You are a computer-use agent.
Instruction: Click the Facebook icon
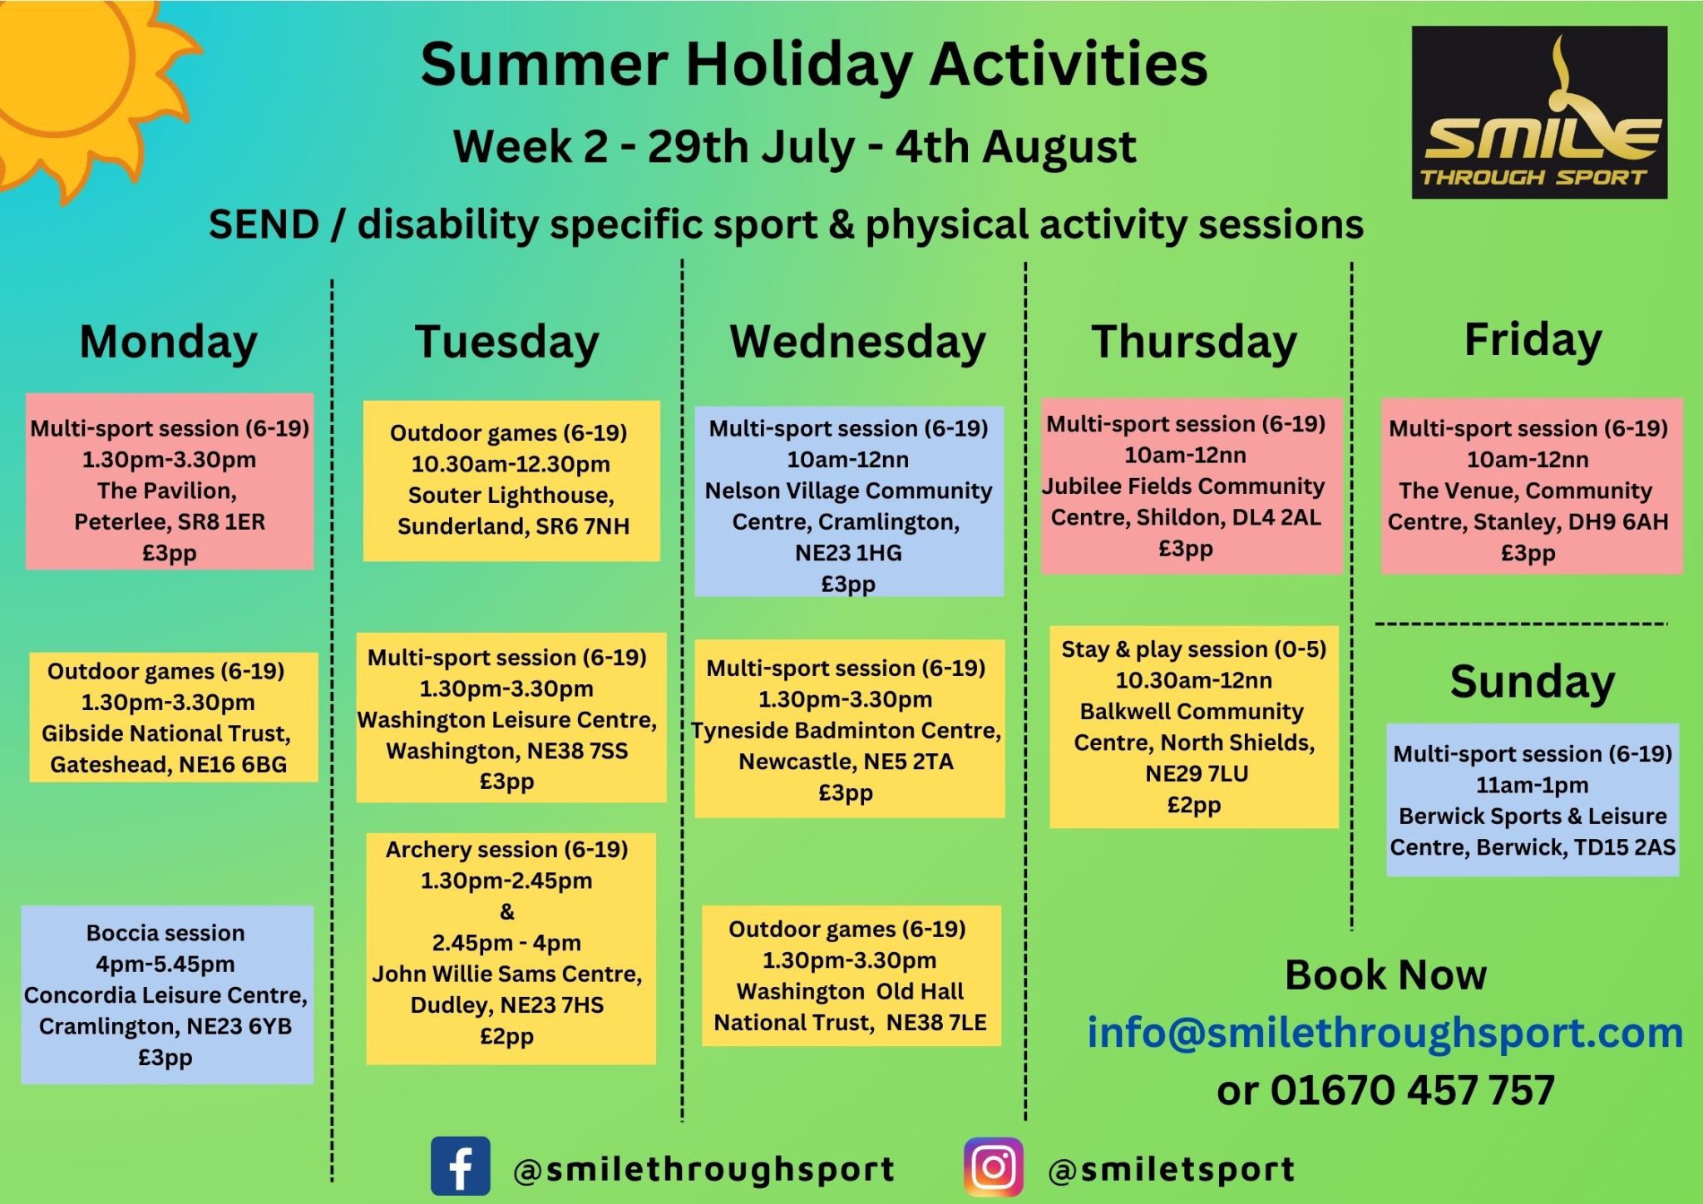pos(461,1166)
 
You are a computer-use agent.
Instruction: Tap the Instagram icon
pos(994,1167)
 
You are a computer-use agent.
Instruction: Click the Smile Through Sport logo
pos(1539,112)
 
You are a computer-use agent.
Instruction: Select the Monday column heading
pos(169,342)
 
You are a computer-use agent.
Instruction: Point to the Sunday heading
pos(1533,683)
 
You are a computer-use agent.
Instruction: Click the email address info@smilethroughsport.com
pos(1385,1032)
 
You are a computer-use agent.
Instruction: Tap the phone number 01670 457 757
pos(1412,1090)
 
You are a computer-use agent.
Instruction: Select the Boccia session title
pos(165,933)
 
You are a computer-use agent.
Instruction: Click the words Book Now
pos(1385,975)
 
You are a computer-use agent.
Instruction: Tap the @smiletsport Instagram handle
pos(1172,1170)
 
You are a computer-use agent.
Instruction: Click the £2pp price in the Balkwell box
pos(1194,805)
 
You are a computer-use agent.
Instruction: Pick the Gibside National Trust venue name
pos(166,733)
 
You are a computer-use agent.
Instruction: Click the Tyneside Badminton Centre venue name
pos(847,730)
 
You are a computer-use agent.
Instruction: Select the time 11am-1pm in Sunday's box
pos(1532,785)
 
